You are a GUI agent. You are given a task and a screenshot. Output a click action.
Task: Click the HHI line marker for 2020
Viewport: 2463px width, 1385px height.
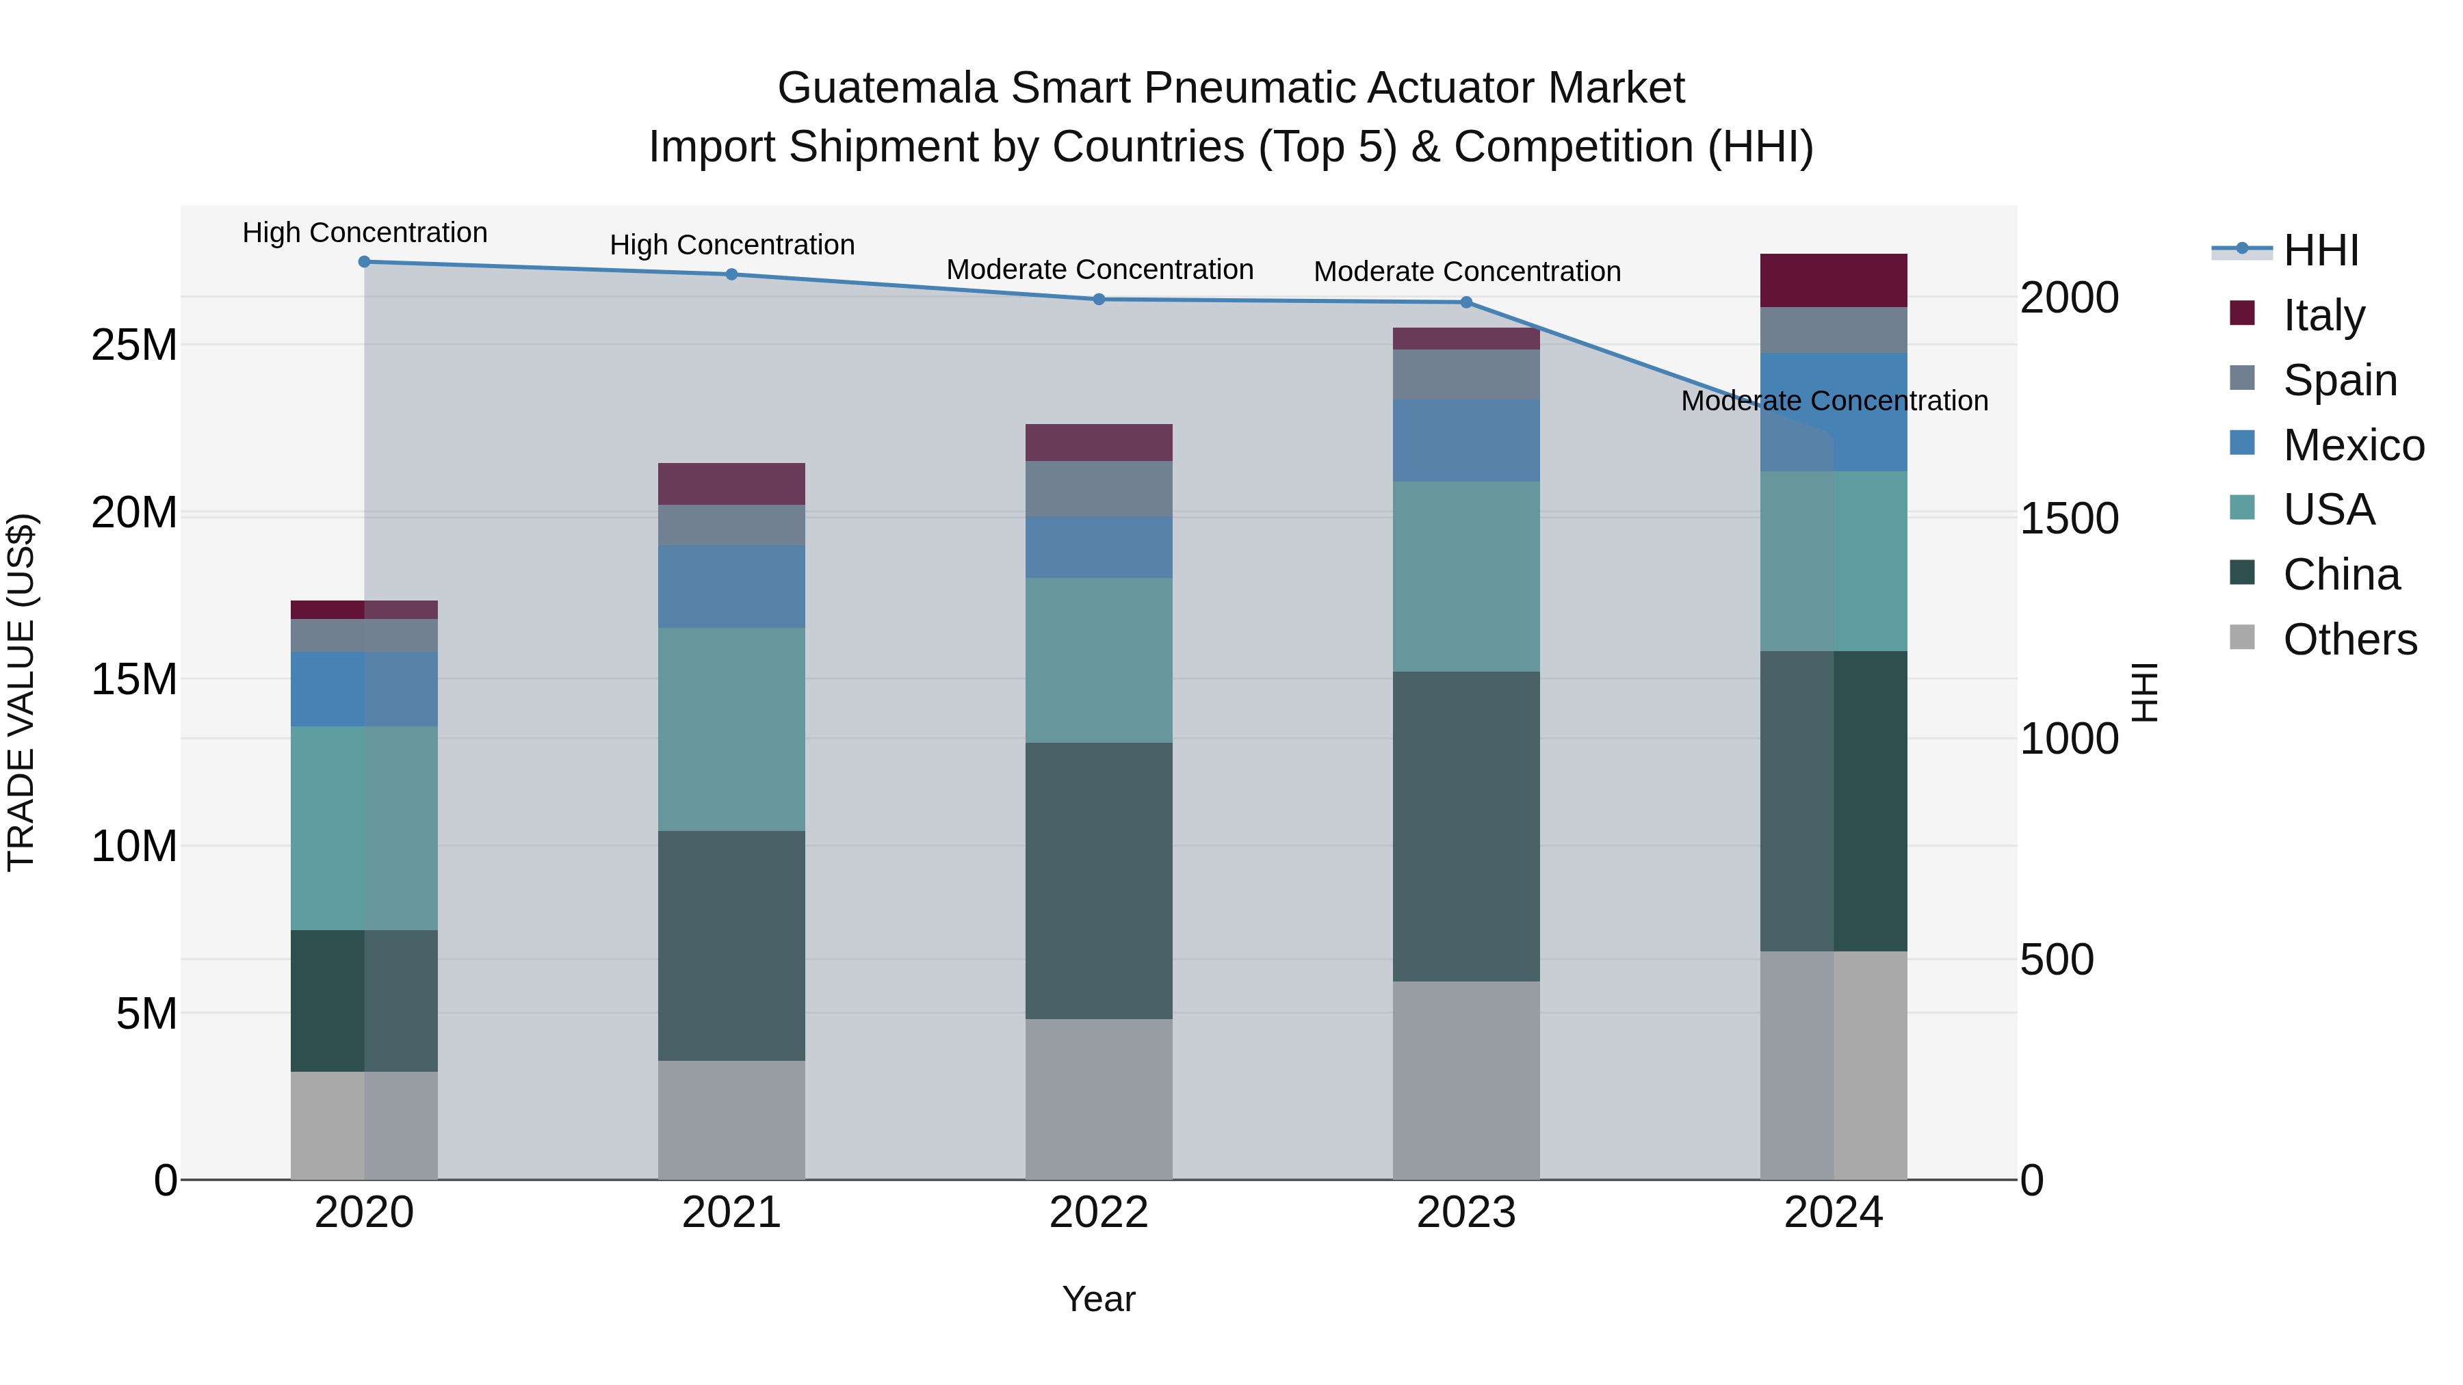pyautogui.click(x=364, y=262)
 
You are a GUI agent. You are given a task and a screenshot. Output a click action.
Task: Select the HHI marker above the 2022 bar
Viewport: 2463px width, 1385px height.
pyautogui.click(x=1099, y=299)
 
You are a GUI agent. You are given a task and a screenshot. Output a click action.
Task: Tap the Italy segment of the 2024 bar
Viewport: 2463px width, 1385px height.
pyautogui.click(x=1833, y=281)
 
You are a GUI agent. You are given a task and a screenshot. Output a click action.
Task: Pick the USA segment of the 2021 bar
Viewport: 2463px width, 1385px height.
pyautogui.click(x=731, y=729)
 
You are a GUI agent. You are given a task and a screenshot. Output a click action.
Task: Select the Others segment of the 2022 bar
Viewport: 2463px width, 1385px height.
pyautogui.click(x=1099, y=1099)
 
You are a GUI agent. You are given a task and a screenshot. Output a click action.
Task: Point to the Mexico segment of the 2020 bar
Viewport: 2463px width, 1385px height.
pyautogui.click(x=364, y=689)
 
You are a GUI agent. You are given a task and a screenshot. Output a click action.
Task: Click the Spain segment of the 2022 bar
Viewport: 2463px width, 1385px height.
pyautogui.click(x=1099, y=490)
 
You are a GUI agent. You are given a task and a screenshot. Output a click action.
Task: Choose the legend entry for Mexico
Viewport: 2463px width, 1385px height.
pyautogui.click(x=2352, y=445)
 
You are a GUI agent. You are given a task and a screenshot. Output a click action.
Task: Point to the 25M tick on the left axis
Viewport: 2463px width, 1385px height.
pyautogui.click(x=134, y=345)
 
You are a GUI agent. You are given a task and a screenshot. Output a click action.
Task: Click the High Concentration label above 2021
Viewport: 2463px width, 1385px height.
pyautogui.click(x=731, y=245)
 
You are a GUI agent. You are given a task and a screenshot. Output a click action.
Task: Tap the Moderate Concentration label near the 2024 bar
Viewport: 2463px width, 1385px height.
pyautogui.click(x=1833, y=401)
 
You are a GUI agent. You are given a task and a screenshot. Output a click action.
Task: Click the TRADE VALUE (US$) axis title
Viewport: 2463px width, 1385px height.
pyautogui.click(x=21, y=692)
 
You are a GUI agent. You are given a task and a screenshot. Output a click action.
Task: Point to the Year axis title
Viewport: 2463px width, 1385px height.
pyautogui.click(x=1099, y=1299)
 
